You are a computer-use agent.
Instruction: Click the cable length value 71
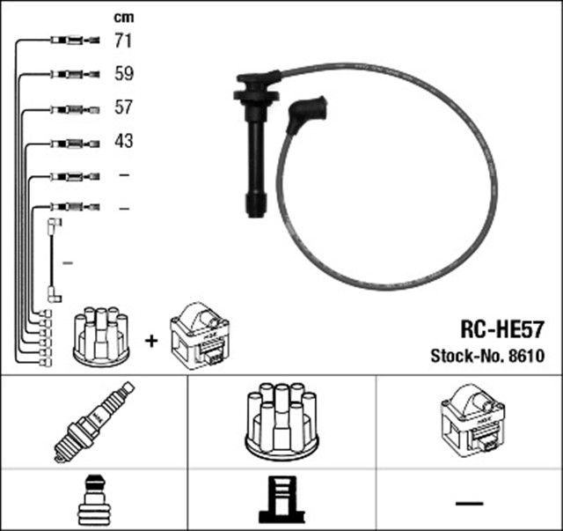123,41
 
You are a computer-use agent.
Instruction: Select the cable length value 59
124,73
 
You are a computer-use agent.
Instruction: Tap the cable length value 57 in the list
123,107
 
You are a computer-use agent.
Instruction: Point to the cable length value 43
124,141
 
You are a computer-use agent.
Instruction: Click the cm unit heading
124,18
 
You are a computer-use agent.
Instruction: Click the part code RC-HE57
502,329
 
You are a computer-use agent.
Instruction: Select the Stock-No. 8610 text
487,356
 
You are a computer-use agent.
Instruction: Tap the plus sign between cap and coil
151,341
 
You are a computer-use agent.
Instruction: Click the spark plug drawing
94,422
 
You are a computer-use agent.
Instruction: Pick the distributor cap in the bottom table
281,421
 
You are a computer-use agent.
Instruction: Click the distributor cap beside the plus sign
101,336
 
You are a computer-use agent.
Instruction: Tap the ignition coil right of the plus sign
200,336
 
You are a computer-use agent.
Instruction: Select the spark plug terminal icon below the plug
93,500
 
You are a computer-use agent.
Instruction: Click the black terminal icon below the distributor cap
281,499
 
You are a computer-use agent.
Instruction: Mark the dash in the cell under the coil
469,503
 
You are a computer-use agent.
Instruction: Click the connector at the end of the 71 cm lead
75,41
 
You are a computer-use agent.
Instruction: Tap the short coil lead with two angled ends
55,261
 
